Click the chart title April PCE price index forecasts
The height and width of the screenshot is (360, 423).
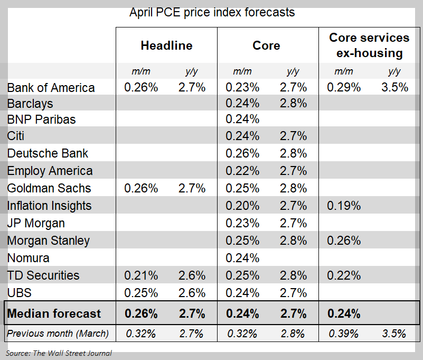pos(212,12)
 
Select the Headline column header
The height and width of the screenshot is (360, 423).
pos(166,45)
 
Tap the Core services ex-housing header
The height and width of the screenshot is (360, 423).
pos(369,45)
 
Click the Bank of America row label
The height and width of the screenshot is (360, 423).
pos(51,88)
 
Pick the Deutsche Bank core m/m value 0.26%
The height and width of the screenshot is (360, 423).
pos(242,153)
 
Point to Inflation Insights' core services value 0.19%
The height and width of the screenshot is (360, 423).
pos(344,206)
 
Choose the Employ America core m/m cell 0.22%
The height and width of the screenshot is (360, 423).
pos(242,171)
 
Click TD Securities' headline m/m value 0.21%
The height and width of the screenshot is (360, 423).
pos(141,275)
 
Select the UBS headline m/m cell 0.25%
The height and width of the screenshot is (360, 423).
pos(141,293)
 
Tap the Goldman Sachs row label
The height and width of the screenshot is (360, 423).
pos(49,188)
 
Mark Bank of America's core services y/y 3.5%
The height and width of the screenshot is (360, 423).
pos(394,88)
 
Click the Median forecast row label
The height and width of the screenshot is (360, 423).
pos(54,313)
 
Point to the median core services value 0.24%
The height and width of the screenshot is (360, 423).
pos(344,313)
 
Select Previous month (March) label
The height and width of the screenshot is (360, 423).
pos(58,334)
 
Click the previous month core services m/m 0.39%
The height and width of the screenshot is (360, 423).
pos(344,334)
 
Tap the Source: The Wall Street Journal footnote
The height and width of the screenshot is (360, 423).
pos(59,353)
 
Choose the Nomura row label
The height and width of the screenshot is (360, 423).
pos(29,258)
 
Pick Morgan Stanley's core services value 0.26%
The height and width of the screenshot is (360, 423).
pos(344,241)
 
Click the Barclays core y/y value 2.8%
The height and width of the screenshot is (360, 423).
pos(294,104)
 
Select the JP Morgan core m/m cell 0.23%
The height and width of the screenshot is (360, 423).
pos(242,223)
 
